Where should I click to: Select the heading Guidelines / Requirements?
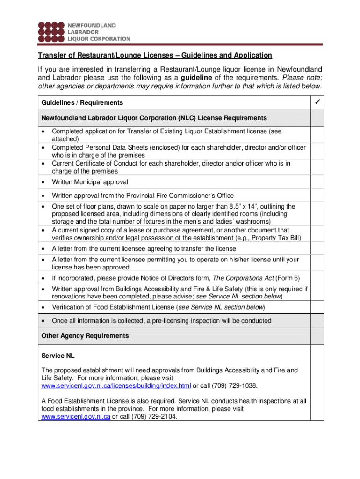coord(82,102)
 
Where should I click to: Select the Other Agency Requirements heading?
coord(85,336)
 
